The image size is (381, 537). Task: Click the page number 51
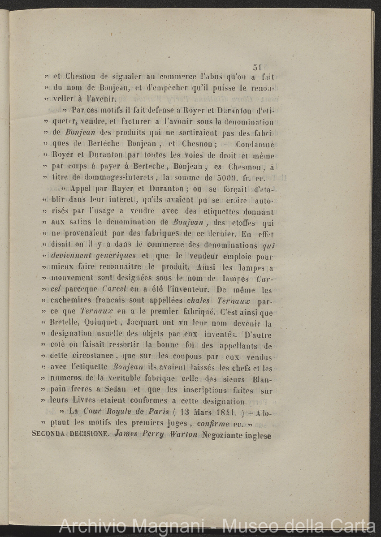(257, 68)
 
